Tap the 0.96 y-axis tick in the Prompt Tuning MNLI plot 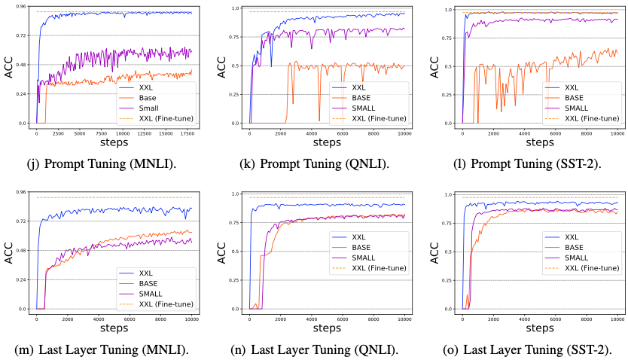coord(20,7)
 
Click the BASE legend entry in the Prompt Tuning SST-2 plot coord(574,98)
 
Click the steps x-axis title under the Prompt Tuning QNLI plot coord(326,142)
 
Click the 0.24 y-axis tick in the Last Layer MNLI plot coord(20,280)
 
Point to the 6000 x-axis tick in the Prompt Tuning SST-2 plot coord(556,133)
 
